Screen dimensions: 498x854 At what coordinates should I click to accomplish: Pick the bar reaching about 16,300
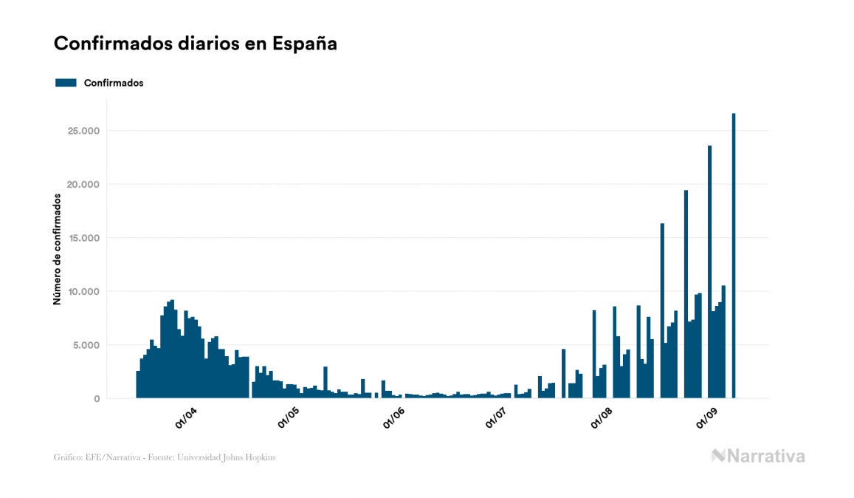point(662,310)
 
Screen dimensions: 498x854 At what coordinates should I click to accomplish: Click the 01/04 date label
point(185,418)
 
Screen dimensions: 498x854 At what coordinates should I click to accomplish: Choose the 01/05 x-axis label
point(289,418)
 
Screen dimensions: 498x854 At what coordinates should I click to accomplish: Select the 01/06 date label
point(393,418)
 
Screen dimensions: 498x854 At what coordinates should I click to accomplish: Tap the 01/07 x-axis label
point(496,418)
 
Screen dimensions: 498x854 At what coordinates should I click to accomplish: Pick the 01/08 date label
point(602,418)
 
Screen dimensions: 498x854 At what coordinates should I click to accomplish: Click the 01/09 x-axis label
point(706,418)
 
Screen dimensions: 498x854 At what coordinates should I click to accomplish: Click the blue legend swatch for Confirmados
point(66,83)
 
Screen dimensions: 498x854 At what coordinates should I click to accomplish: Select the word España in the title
point(304,44)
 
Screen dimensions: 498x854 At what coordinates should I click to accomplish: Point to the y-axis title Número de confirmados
point(57,250)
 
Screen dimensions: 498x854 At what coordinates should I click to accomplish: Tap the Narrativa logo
point(758,456)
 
